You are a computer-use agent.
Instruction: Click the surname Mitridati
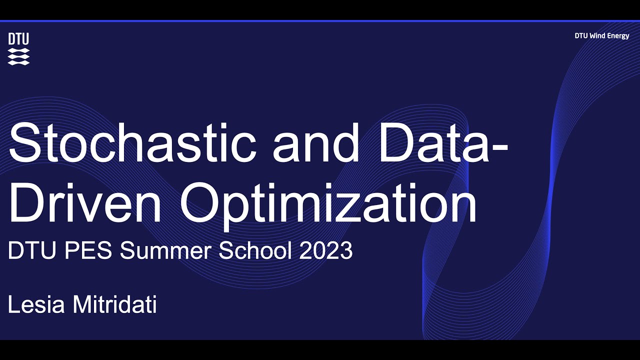115,304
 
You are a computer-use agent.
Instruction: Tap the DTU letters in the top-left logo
18,39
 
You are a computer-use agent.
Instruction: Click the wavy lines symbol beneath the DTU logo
18,56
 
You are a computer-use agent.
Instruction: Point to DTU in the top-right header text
581,36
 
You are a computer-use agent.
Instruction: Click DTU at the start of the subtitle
27,250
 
